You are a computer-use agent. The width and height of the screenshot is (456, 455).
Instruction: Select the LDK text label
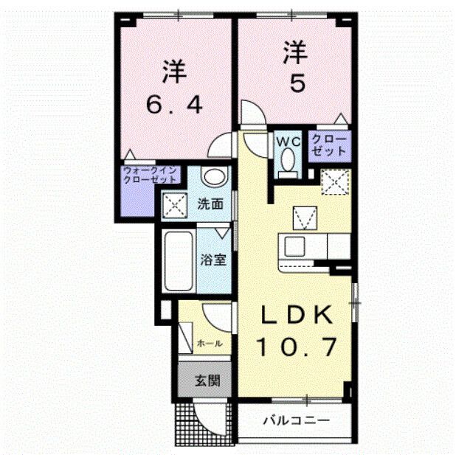296,315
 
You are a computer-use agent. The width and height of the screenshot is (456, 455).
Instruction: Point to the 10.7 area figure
297,344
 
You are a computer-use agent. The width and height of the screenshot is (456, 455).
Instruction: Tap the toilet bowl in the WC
286,161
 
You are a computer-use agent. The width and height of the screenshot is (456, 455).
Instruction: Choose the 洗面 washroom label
210,205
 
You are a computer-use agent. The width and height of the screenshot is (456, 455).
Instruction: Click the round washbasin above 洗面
213,178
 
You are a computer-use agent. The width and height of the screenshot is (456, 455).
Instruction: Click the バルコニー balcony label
297,421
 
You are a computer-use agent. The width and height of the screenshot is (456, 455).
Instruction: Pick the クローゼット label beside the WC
328,145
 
